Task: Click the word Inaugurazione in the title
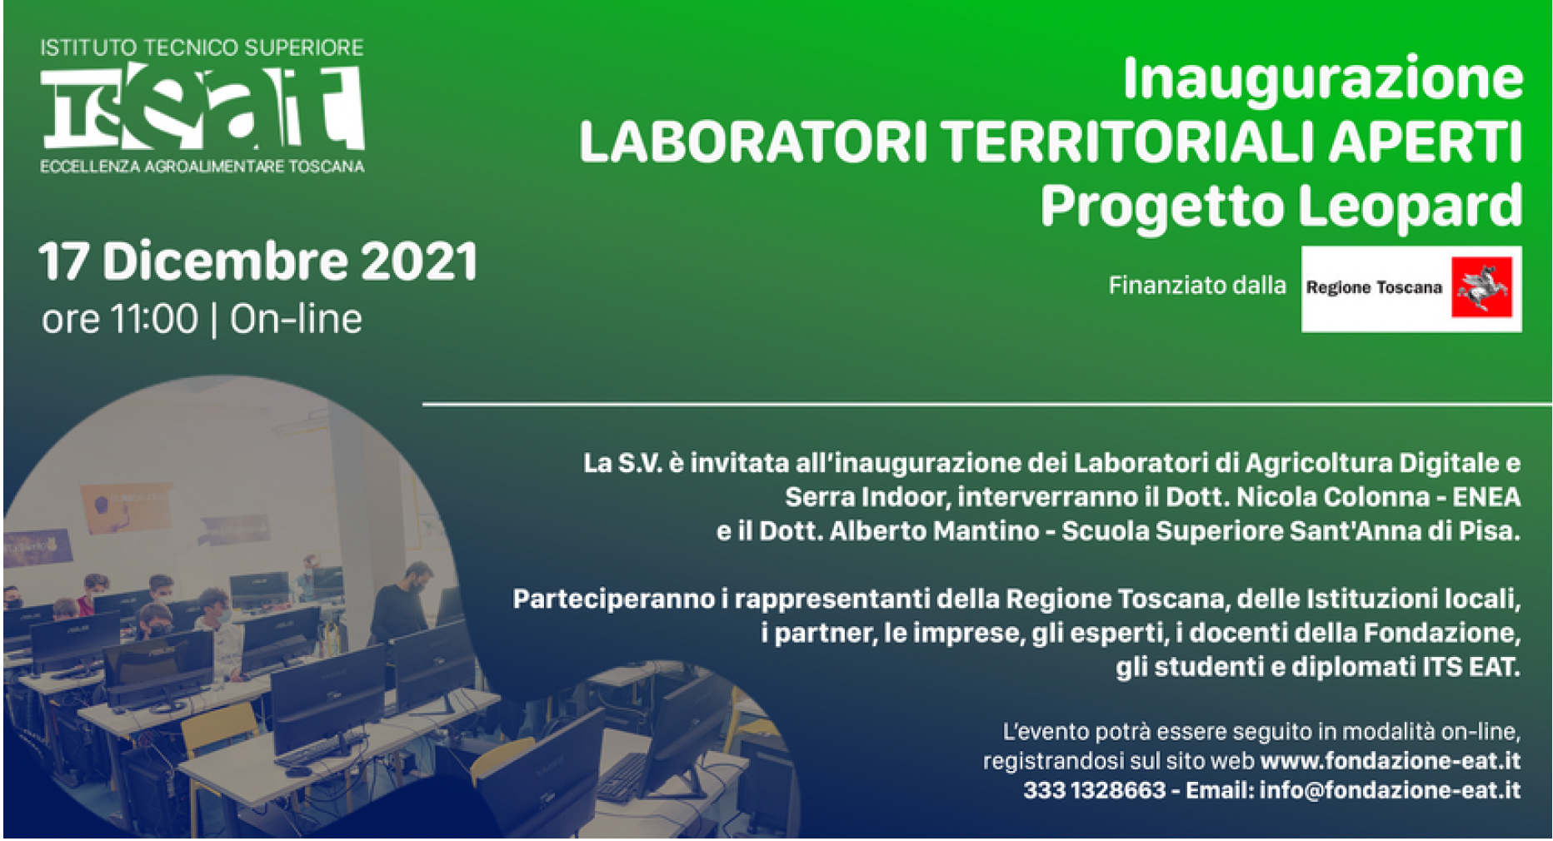pyautogui.click(x=1323, y=80)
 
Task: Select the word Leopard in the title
pyautogui.click(x=1410, y=206)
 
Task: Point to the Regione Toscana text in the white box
pyautogui.click(x=1374, y=288)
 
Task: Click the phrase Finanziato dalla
pyautogui.click(x=1196, y=286)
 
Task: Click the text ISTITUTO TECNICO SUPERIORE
pyautogui.click(x=202, y=47)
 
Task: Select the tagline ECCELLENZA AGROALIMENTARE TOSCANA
pyautogui.click(x=202, y=167)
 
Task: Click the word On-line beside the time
pyautogui.click(x=296, y=320)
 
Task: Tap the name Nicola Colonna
pyautogui.click(x=1333, y=497)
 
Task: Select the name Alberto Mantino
pyautogui.click(x=934, y=531)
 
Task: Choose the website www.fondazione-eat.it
pyautogui.click(x=1391, y=761)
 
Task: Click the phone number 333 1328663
pyautogui.click(x=1094, y=790)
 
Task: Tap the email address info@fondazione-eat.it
pyautogui.click(x=1390, y=790)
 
